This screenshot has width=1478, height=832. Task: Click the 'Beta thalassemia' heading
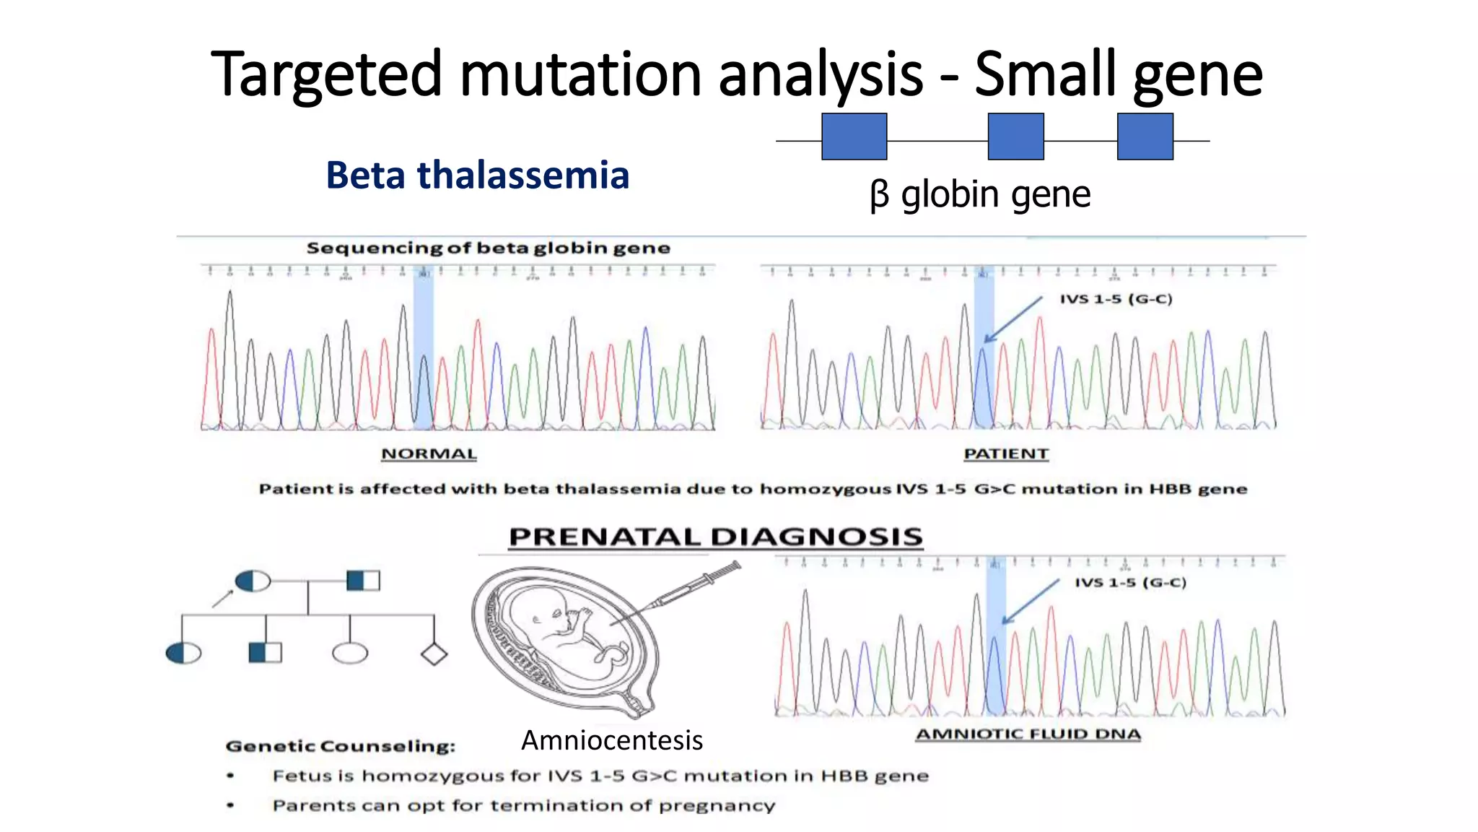coord(477,175)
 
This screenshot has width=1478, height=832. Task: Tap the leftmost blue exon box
coord(854,136)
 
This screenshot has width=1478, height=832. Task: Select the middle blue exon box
coord(1015,136)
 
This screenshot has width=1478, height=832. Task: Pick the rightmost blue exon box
coord(1145,136)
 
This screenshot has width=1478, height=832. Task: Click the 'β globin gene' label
coord(980,194)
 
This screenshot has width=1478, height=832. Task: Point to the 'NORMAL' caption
coord(429,454)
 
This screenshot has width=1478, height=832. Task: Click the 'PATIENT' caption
coord(1006,454)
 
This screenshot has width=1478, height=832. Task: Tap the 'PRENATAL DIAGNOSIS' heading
coord(715,537)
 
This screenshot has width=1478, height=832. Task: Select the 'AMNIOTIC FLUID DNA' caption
coord(1028,734)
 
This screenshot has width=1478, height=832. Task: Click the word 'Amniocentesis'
coord(611,740)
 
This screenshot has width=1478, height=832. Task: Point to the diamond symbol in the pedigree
coord(434,654)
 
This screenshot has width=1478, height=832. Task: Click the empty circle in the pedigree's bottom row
coord(350,654)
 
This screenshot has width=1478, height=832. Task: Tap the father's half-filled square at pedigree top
coord(363,581)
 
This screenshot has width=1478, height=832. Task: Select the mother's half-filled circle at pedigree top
coord(253,581)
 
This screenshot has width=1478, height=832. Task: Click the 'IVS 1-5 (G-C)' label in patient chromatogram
coord(1116,299)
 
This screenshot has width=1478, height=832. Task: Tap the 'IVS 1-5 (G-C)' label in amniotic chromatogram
coord(1130,582)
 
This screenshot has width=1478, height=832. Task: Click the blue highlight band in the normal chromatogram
coord(423,347)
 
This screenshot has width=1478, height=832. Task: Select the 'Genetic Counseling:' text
coord(340,746)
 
